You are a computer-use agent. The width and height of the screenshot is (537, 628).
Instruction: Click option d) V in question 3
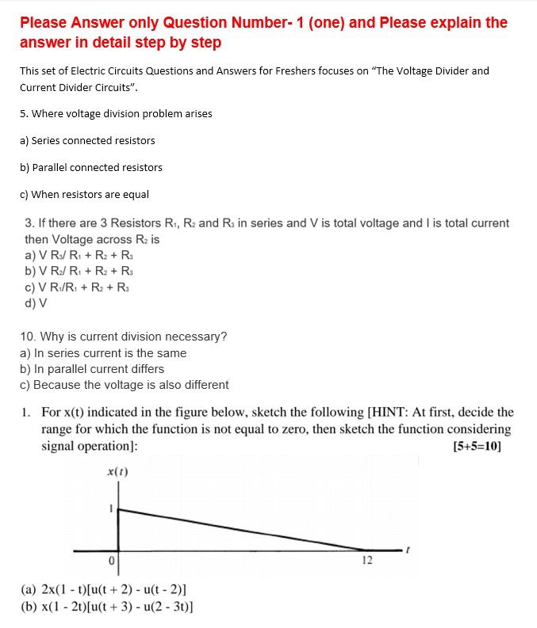[36, 303]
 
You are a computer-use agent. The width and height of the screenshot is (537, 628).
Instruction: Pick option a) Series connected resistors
[87, 140]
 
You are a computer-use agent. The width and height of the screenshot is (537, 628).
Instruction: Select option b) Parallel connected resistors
[90, 167]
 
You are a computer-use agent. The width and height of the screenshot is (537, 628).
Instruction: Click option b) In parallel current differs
[91, 369]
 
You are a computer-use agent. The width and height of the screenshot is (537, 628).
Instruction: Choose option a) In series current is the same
[102, 353]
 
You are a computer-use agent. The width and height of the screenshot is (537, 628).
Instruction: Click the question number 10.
[27, 337]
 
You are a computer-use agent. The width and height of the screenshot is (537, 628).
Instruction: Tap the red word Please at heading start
[47, 22]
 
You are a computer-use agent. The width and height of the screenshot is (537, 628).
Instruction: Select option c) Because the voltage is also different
[124, 385]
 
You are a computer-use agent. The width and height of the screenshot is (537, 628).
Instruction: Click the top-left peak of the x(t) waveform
[119, 510]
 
